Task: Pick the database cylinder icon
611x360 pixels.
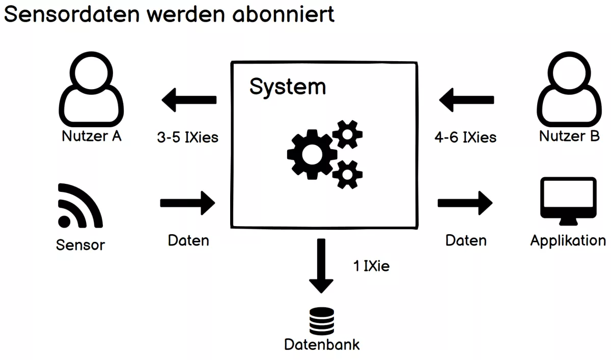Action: pos(321,321)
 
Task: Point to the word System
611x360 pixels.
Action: pos(287,87)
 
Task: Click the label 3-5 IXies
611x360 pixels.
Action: pos(187,137)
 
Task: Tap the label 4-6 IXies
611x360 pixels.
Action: pos(465,137)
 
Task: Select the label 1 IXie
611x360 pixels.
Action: pos(371,266)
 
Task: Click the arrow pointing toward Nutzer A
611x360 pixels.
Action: pos(189,100)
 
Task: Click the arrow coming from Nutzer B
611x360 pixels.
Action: pos(466,100)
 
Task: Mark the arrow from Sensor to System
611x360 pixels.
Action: pos(188,203)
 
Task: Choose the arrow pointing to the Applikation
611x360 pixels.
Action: pos(465,203)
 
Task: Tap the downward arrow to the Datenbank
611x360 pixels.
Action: pos(321,266)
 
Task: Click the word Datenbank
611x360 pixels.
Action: pos(322,344)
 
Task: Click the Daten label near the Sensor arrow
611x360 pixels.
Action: pos(188,240)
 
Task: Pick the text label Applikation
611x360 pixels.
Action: pos(568,240)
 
